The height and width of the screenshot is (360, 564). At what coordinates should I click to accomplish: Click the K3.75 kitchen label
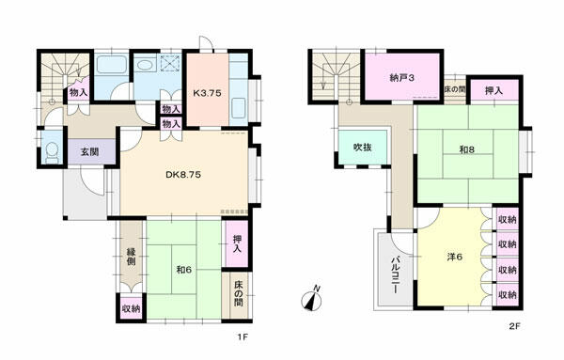(x=207, y=93)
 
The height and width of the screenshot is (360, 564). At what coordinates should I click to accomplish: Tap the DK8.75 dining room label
(x=183, y=175)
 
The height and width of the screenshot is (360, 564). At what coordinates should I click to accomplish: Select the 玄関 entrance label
(x=89, y=152)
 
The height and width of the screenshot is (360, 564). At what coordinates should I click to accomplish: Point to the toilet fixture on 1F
(x=53, y=151)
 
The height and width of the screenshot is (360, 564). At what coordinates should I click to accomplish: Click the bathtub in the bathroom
(x=112, y=65)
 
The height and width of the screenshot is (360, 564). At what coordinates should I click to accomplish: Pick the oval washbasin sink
(x=146, y=65)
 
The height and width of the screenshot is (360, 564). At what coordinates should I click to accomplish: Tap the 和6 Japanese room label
(x=184, y=270)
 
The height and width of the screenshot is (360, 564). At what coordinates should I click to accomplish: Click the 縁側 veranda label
(x=132, y=257)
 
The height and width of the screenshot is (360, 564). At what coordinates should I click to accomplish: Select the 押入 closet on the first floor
(x=237, y=243)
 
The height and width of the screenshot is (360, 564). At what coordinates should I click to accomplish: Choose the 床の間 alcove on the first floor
(x=238, y=294)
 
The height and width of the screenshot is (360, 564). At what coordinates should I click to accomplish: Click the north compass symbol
(x=312, y=299)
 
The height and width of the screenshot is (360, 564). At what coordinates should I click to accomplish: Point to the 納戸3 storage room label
(x=402, y=78)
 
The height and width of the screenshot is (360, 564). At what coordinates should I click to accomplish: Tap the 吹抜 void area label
(x=363, y=147)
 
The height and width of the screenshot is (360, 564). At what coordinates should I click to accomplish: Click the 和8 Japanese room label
(x=467, y=149)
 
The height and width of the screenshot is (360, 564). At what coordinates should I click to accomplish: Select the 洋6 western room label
(x=455, y=257)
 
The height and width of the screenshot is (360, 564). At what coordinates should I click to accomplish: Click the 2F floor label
(x=515, y=326)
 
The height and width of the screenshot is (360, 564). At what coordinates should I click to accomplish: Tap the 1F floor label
(x=243, y=337)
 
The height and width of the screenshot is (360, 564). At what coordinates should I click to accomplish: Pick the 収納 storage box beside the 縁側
(x=131, y=308)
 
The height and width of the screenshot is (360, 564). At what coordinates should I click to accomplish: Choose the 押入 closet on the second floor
(x=493, y=90)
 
